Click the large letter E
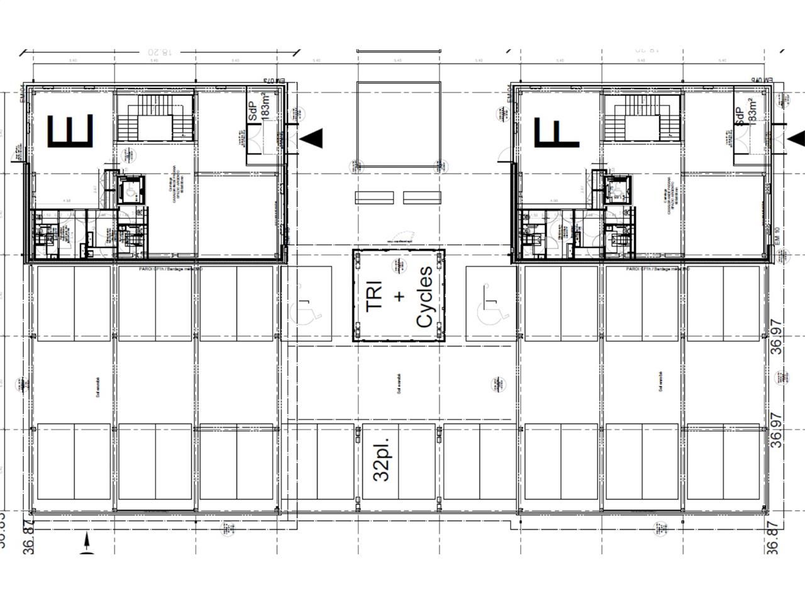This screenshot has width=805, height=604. (71, 131)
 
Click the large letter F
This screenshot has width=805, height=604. (557, 131)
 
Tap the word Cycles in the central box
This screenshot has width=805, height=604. (424, 296)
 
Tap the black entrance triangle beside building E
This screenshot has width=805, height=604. (313, 138)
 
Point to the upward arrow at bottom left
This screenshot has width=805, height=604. (86, 540)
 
